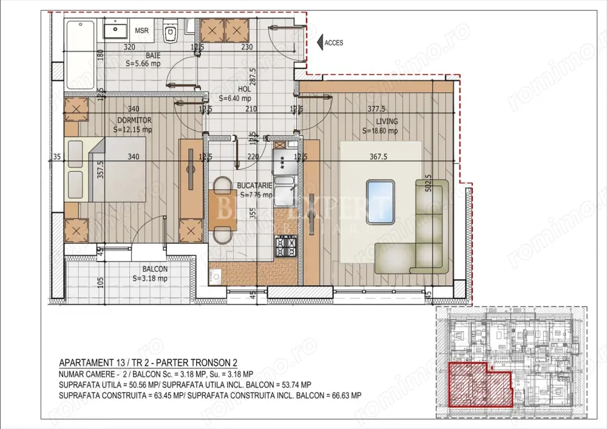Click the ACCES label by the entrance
click(x=334, y=42)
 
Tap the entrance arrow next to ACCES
click(x=319, y=42)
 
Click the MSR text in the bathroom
click(x=141, y=30)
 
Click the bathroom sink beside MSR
click(x=115, y=29)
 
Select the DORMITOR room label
click(x=130, y=120)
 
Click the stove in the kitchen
click(x=285, y=246)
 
